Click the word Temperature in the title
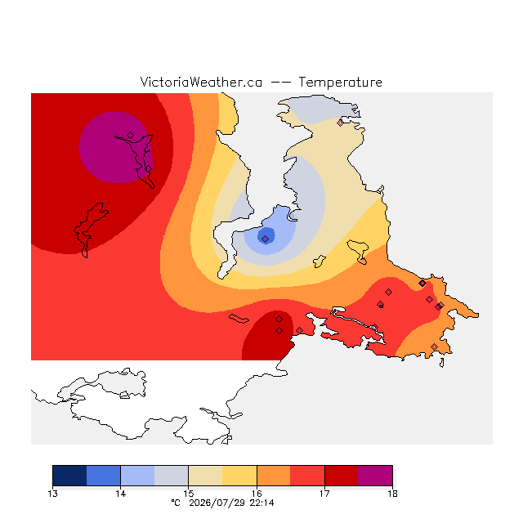pyautogui.click(x=340, y=82)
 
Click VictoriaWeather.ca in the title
pyautogui.click(x=201, y=82)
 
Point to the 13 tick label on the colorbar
pyautogui.click(x=52, y=494)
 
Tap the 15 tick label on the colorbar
pyautogui.click(x=189, y=494)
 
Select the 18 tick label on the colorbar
pyautogui.click(x=392, y=494)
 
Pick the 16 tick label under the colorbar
pyautogui.click(x=257, y=494)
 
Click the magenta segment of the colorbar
pyautogui.click(x=375, y=476)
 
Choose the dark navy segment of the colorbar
pyautogui.click(x=69, y=476)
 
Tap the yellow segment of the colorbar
pyautogui.click(x=239, y=476)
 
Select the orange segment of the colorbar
pyautogui.click(x=274, y=476)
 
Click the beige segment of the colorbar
pyautogui.click(x=205, y=476)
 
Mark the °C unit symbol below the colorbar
pyautogui.click(x=176, y=503)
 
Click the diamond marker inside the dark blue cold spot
pyautogui.click(x=265, y=239)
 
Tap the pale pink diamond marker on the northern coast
pyautogui.click(x=340, y=123)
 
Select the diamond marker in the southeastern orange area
pyautogui.click(x=434, y=346)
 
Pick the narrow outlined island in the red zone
pyautogui.click(x=239, y=319)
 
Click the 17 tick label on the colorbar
pyautogui.click(x=324, y=494)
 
